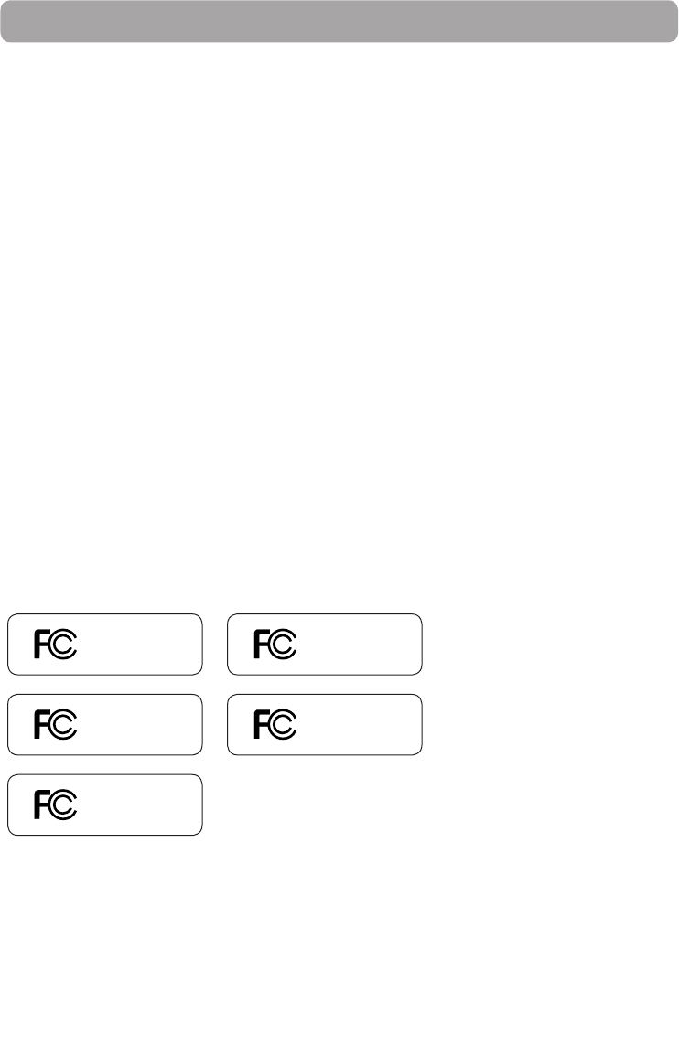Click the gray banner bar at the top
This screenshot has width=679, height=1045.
(x=339, y=21)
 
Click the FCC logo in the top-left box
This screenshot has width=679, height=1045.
(x=56, y=645)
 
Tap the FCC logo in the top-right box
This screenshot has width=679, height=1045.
(x=275, y=645)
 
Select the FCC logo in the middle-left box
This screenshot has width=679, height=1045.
(x=56, y=725)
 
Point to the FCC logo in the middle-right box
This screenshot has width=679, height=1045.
(x=275, y=725)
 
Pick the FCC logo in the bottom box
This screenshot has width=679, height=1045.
(x=56, y=805)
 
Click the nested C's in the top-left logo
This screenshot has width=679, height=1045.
(x=64, y=645)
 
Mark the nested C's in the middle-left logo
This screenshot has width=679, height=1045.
(x=64, y=725)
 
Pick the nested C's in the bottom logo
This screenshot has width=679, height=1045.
(x=64, y=805)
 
